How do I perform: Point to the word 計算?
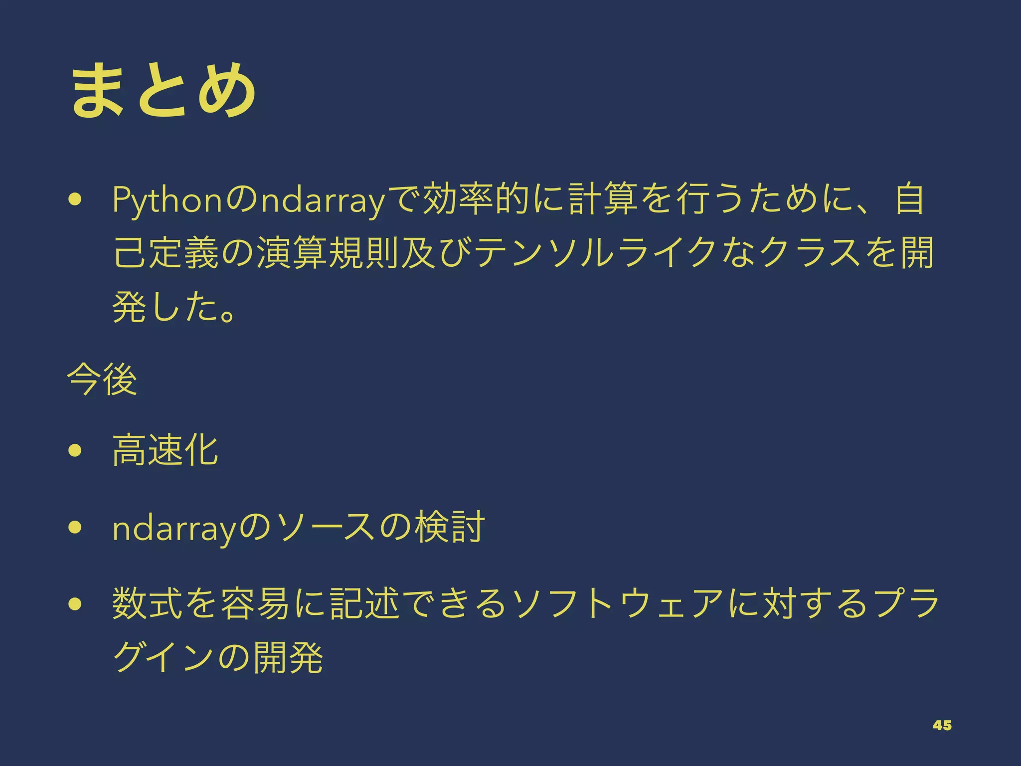[x=605, y=199]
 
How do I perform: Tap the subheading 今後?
[x=102, y=380]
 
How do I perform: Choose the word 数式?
[x=148, y=604]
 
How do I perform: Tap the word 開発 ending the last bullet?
[x=289, y=658]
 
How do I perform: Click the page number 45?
[x=942, y=726]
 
